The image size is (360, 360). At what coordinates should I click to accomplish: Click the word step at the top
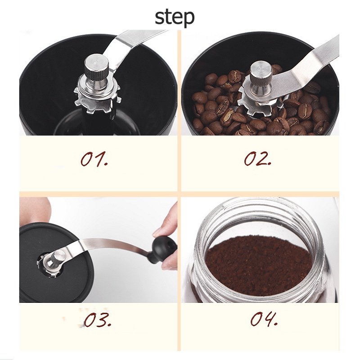pos(175,18)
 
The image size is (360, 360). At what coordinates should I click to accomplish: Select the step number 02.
pos(257,158)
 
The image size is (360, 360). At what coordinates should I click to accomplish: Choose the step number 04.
pos(264,319)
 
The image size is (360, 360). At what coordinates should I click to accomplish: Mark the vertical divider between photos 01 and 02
pos(179,110)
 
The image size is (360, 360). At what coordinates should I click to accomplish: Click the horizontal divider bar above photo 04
pos(260,194)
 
